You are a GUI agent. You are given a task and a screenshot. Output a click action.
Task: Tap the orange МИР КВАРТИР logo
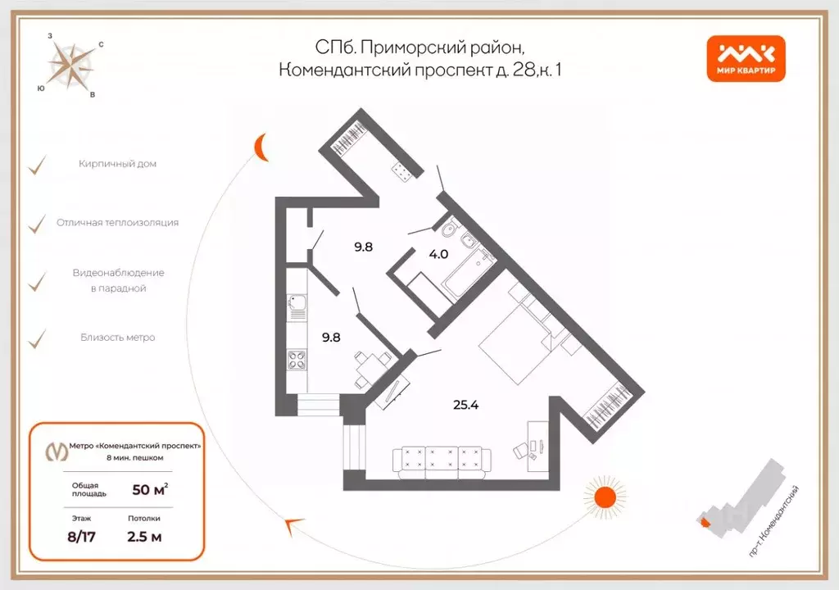(x=746, y=59)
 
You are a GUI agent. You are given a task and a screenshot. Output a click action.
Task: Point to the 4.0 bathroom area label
(x=438, y=254)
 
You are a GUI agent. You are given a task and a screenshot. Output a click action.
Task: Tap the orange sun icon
(x=605, y=497)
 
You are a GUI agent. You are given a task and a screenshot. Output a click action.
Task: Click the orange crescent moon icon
(x=260, y=147)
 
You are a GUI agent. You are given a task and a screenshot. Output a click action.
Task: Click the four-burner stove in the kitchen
(x=297, y=359)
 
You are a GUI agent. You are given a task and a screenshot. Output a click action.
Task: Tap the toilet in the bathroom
(x=445, y=225)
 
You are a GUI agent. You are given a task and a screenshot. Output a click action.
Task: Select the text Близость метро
(x=117, y=338)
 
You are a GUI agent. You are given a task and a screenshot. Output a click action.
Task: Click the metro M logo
(x=56, y=452)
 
